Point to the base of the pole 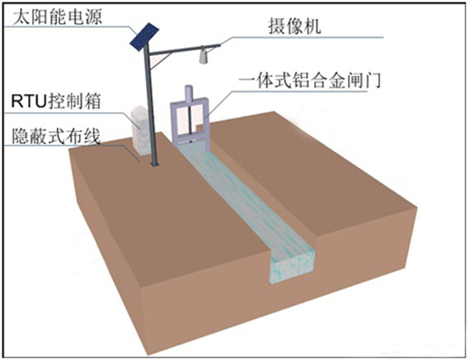(153, 164)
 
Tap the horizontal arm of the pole (182, 50)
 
